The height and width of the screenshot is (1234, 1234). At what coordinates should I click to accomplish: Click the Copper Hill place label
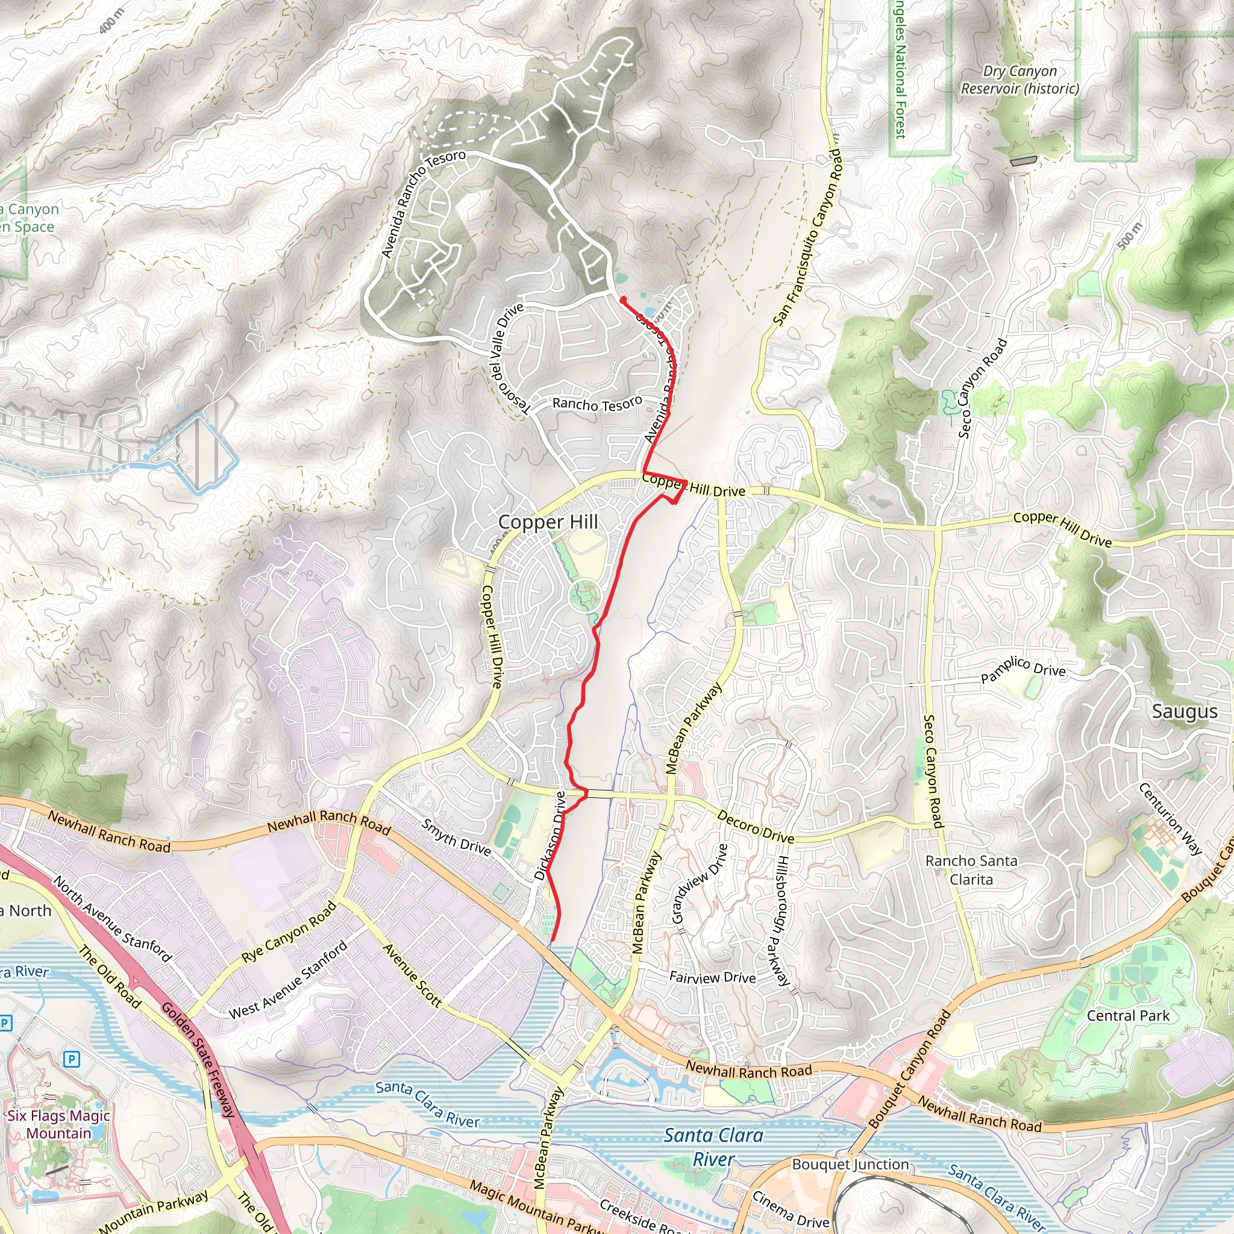[548, 522]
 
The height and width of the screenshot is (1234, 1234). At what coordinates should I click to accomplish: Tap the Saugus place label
[1185, 712]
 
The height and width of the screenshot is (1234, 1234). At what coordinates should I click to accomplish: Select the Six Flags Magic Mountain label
[59, 1124]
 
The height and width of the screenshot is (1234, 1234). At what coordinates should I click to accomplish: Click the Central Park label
[1128, 1015]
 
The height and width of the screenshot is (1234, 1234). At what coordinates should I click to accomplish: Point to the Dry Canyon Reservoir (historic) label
[1020, 80]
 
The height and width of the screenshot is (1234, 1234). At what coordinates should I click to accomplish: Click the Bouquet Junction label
[850, 1164]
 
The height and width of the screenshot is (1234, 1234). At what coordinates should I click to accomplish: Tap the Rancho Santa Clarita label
[971, 870]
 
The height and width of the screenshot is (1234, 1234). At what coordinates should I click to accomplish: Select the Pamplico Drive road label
[1023, 668]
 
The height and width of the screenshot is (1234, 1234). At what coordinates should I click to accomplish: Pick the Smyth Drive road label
[456, 838]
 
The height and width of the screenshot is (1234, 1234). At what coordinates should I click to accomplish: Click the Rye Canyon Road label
[289, 932]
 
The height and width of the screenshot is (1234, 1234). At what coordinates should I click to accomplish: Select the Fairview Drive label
[712, 977]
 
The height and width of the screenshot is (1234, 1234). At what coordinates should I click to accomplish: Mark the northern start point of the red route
[622, 299]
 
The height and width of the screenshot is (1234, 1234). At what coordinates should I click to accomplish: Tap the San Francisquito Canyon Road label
[808, 237]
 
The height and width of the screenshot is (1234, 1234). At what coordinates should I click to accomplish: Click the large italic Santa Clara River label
[713, 1146]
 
